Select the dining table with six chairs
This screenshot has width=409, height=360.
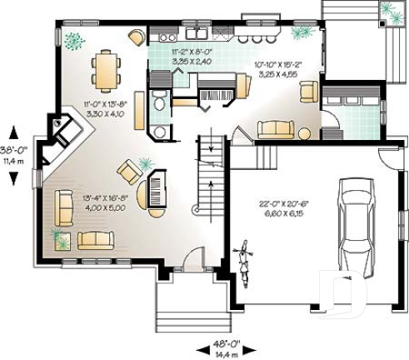coord(106,70)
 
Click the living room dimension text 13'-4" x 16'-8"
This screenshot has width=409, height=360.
coord(104,202)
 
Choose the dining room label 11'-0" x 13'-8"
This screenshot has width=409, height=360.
coord(104,108)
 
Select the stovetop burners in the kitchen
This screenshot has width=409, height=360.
coord(167,37)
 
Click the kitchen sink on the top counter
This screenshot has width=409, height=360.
coord(197,34)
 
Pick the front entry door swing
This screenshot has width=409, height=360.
coord(192,260)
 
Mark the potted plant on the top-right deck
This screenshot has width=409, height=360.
coord(387,11)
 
